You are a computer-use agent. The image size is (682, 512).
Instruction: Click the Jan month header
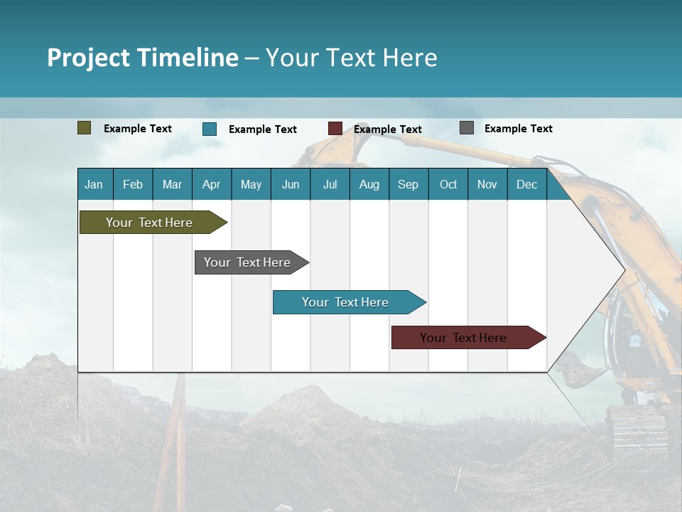(x=94, y=184)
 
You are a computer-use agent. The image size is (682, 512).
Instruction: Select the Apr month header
(x=212, y=184)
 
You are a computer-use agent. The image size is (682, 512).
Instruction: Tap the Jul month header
(x=330, y=184)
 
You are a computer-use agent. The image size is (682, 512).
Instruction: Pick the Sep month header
(x=408, y=184)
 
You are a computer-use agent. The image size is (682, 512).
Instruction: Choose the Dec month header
(x=526, y=184)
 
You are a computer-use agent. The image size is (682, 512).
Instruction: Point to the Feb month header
(x=133, y=184)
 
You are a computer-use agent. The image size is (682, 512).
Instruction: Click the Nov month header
(x=487, y=184)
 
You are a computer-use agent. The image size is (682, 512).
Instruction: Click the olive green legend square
(x=85, y=128)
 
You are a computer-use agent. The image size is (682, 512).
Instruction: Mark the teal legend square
(x=210, y=129)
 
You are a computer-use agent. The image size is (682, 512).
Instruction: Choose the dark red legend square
(x=335, y=129)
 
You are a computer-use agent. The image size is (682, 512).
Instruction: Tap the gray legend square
(x=467, y=128)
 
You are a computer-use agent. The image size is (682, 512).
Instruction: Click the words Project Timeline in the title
(x=143, y=58)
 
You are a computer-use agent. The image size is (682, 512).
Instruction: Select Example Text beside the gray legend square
(x=518, y=129)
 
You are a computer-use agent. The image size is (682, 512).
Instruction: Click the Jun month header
(x=291, y=184)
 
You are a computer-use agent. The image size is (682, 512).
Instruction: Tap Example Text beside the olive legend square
(x=138, y=129)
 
